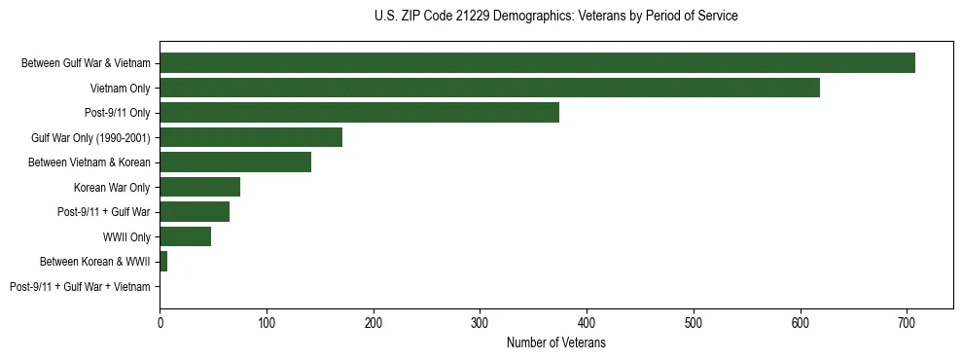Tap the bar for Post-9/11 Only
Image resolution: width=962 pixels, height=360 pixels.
359,113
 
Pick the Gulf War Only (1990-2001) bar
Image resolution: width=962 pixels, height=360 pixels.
251,137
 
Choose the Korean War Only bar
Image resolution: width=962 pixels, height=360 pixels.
199,187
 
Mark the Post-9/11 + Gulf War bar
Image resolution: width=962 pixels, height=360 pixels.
195,212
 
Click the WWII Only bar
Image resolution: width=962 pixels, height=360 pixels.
185,236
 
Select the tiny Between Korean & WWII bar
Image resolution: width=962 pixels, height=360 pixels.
163,262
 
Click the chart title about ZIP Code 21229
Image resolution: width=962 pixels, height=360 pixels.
555,17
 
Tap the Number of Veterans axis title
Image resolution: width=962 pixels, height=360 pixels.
555,343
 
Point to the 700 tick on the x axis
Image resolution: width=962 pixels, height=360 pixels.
907,322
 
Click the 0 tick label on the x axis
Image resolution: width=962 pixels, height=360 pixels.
160,322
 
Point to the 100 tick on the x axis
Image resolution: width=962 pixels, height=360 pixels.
267,322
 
